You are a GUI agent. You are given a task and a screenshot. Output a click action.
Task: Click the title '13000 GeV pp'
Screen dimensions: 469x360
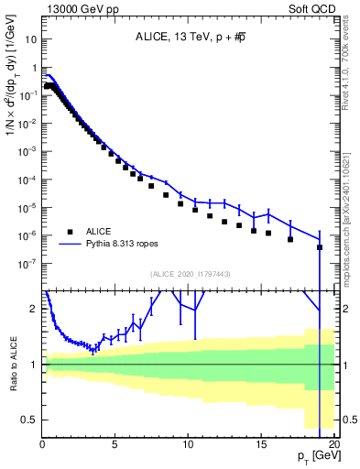(x=75, y=7)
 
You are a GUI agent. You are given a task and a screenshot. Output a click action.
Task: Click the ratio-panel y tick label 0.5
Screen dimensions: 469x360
(x=29, y=420)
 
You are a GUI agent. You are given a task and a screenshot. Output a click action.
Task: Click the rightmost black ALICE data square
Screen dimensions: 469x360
(x=319, y=247)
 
